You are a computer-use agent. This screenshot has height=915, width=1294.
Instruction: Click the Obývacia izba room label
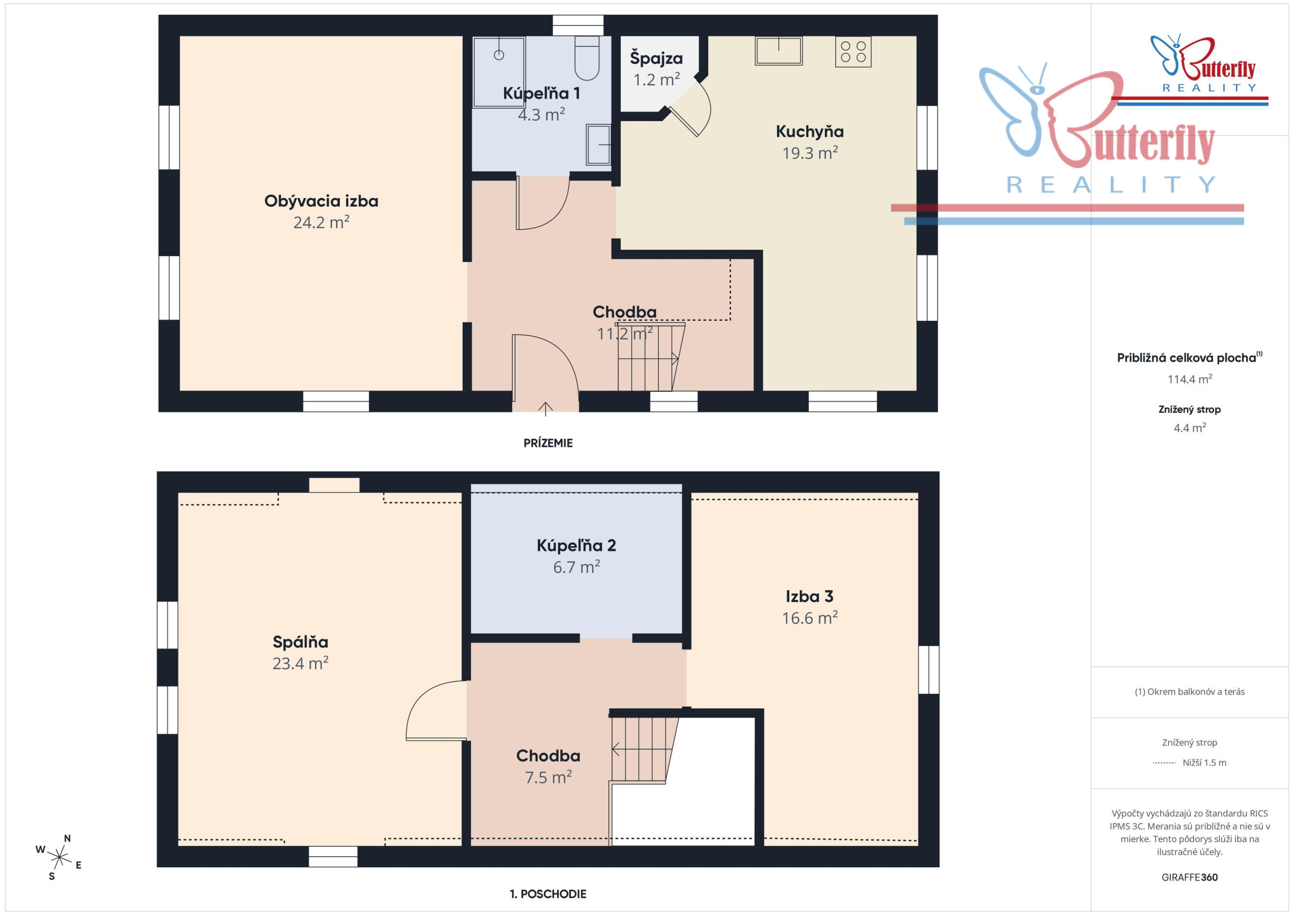click(x=321, y=201)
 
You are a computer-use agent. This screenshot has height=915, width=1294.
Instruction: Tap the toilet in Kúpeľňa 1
click(x=587, y=58)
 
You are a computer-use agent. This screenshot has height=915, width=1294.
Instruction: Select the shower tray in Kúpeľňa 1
click(x=499, y=72)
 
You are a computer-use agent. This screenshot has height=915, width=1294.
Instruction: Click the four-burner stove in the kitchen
click(x=853, y=52)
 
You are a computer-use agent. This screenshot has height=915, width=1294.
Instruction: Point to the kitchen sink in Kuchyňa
click(x=778, y=51)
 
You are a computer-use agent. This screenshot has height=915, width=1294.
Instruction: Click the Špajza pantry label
click(x=656, y=58)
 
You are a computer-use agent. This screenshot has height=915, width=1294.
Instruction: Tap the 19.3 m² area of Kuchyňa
click(x=810, y=153)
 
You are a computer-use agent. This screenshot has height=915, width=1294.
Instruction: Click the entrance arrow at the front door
click(x=545, y=409)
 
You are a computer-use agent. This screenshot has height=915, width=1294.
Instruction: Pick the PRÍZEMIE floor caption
click(x=548, y=443)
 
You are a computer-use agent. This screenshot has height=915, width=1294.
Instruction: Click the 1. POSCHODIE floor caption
click(x=548, y=894)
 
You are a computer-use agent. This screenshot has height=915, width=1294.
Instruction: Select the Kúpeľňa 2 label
click(x=576, y=545)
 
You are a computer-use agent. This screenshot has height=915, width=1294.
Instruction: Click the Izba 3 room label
click(x=809, y=596)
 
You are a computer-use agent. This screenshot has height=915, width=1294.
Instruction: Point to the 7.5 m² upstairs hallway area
click(x=548, y=777)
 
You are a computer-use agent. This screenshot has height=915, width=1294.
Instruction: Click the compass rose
click(x=59, y=857)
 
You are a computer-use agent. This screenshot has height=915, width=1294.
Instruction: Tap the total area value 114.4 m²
click(x=1189, y=379)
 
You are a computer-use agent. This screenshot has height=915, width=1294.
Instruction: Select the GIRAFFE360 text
click(x=1189, y=877)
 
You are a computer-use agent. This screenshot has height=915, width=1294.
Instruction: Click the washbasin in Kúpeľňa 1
click(x=598, y=144)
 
